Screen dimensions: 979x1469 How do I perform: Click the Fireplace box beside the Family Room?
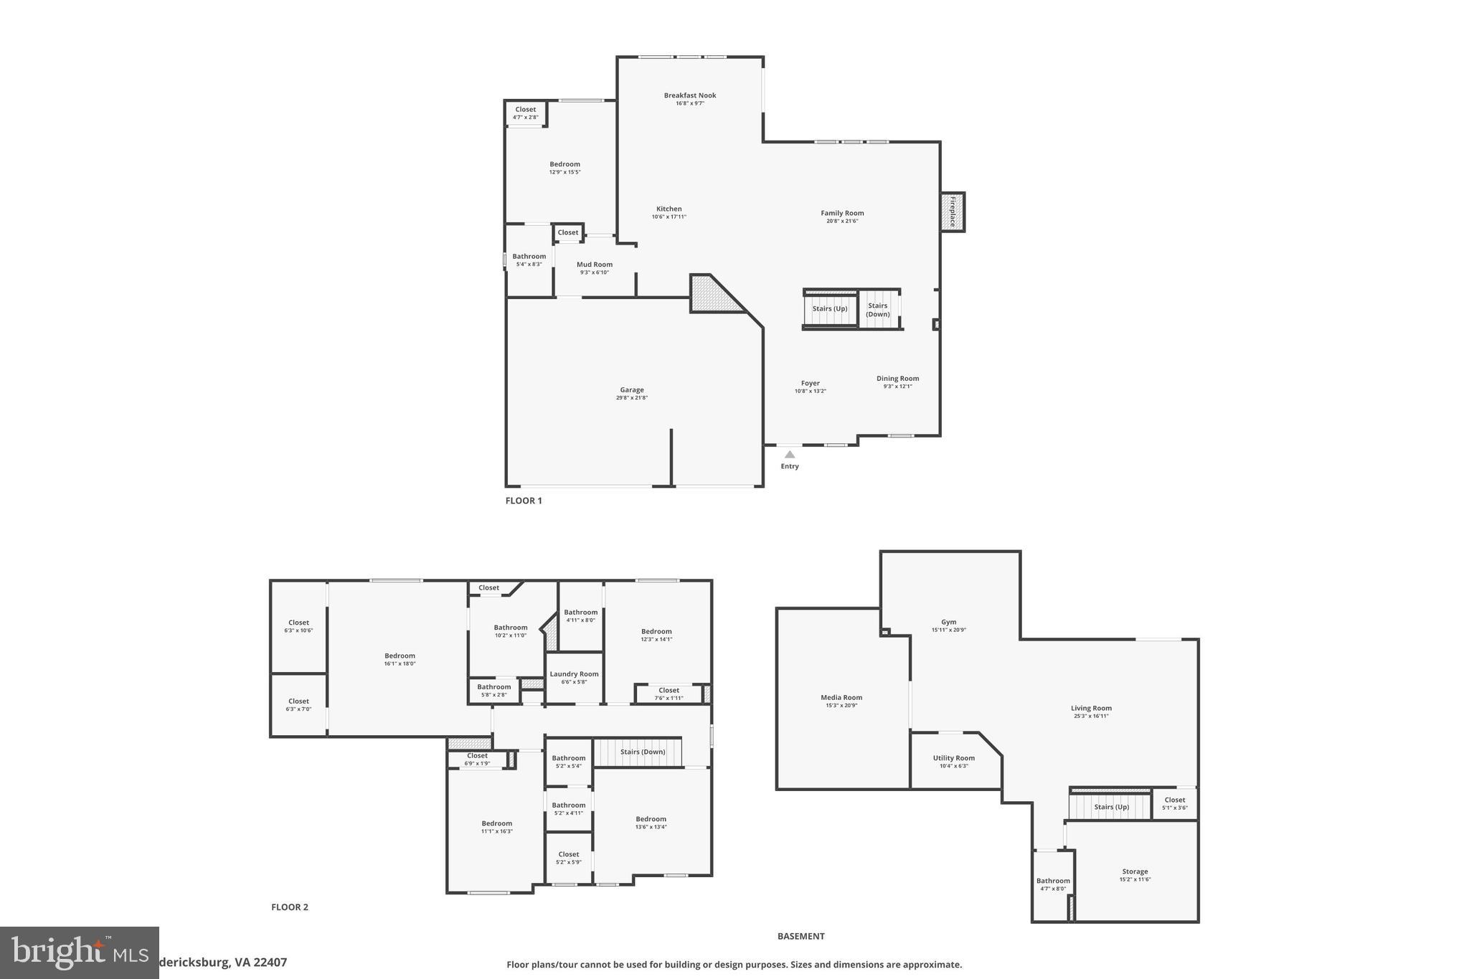953,212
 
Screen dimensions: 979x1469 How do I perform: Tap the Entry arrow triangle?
790,454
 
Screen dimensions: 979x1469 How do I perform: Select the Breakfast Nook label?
690,95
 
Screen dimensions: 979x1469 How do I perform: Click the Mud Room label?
595,265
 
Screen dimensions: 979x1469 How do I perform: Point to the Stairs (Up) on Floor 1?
830,309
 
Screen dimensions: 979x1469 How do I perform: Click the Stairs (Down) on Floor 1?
878,310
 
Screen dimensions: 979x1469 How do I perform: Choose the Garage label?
632,390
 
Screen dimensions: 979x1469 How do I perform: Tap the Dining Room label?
897,379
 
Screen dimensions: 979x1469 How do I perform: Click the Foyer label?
811,384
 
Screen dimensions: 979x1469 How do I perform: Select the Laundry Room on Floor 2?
574,674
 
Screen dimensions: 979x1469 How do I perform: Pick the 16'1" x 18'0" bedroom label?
400,656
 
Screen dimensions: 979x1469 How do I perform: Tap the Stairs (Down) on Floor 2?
643,752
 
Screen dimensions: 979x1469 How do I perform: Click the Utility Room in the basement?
954,758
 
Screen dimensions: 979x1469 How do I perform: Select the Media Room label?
841,698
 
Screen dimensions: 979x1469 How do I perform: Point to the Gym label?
949,623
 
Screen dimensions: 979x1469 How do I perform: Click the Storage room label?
1135,872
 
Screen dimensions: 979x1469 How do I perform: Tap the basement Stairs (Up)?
1111,807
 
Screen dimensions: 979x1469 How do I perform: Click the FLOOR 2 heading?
290,907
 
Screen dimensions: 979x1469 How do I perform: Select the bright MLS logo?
79,952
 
